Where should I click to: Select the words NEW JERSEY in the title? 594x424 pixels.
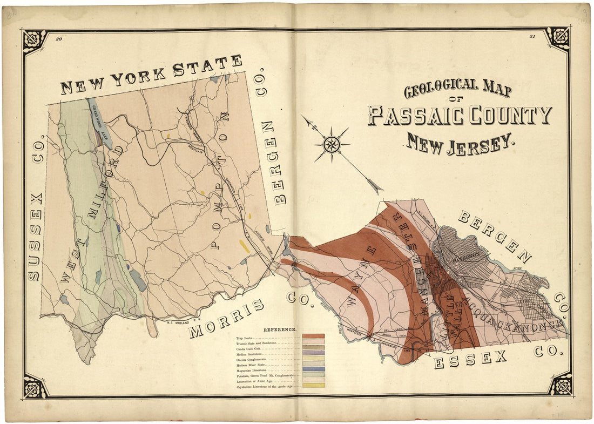coord(458,143)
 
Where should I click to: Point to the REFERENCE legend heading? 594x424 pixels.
coord(280,329)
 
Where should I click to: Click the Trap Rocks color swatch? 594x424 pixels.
coord(313,336)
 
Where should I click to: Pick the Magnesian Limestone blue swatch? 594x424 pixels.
coord(313,369)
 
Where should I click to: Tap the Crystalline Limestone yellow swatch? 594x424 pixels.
coord(313,386)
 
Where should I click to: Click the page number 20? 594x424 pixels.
coord(59,38)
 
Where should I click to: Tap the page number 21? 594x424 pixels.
coord(532,37)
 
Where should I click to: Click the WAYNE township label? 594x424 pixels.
coord(362,275)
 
